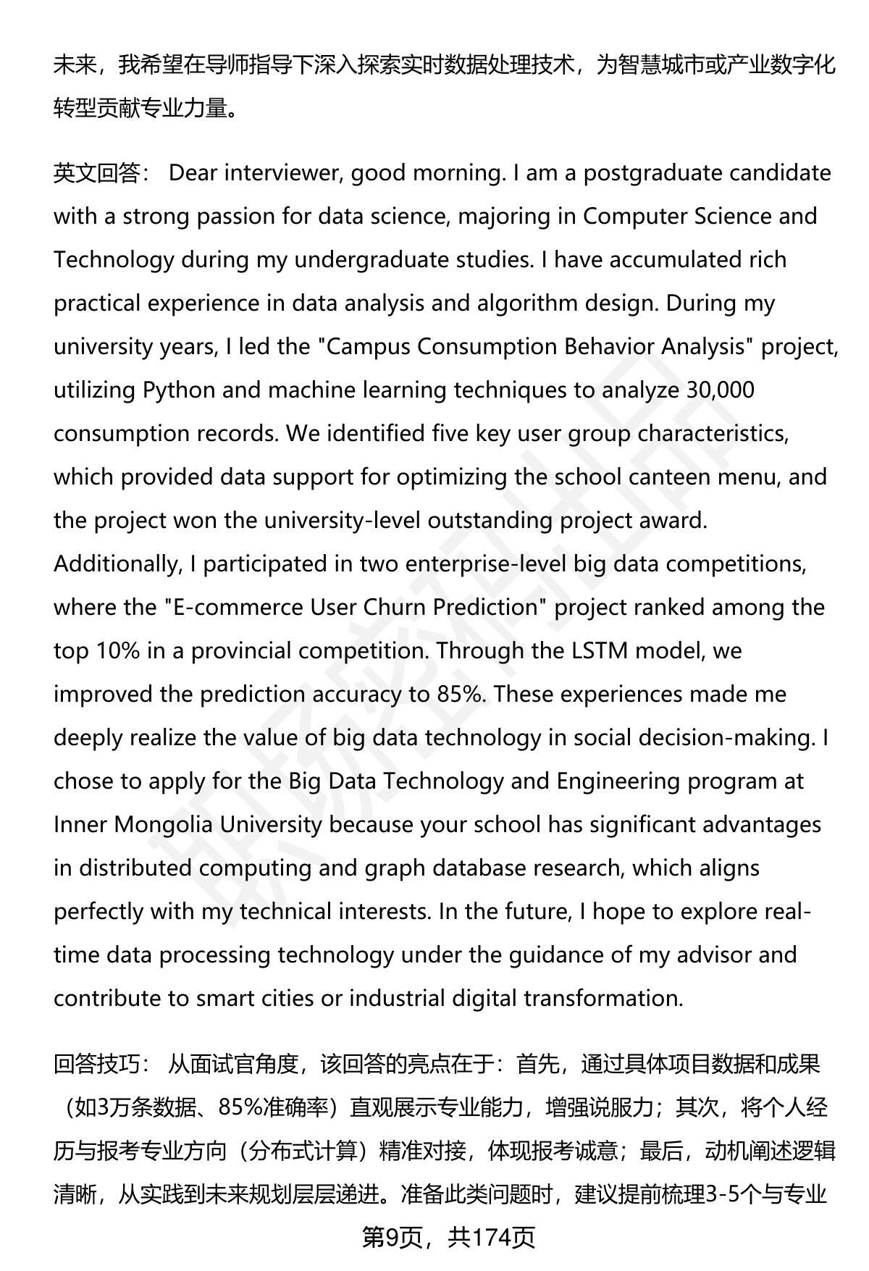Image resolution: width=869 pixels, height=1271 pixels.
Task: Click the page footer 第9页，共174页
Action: pos(448,1237)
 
